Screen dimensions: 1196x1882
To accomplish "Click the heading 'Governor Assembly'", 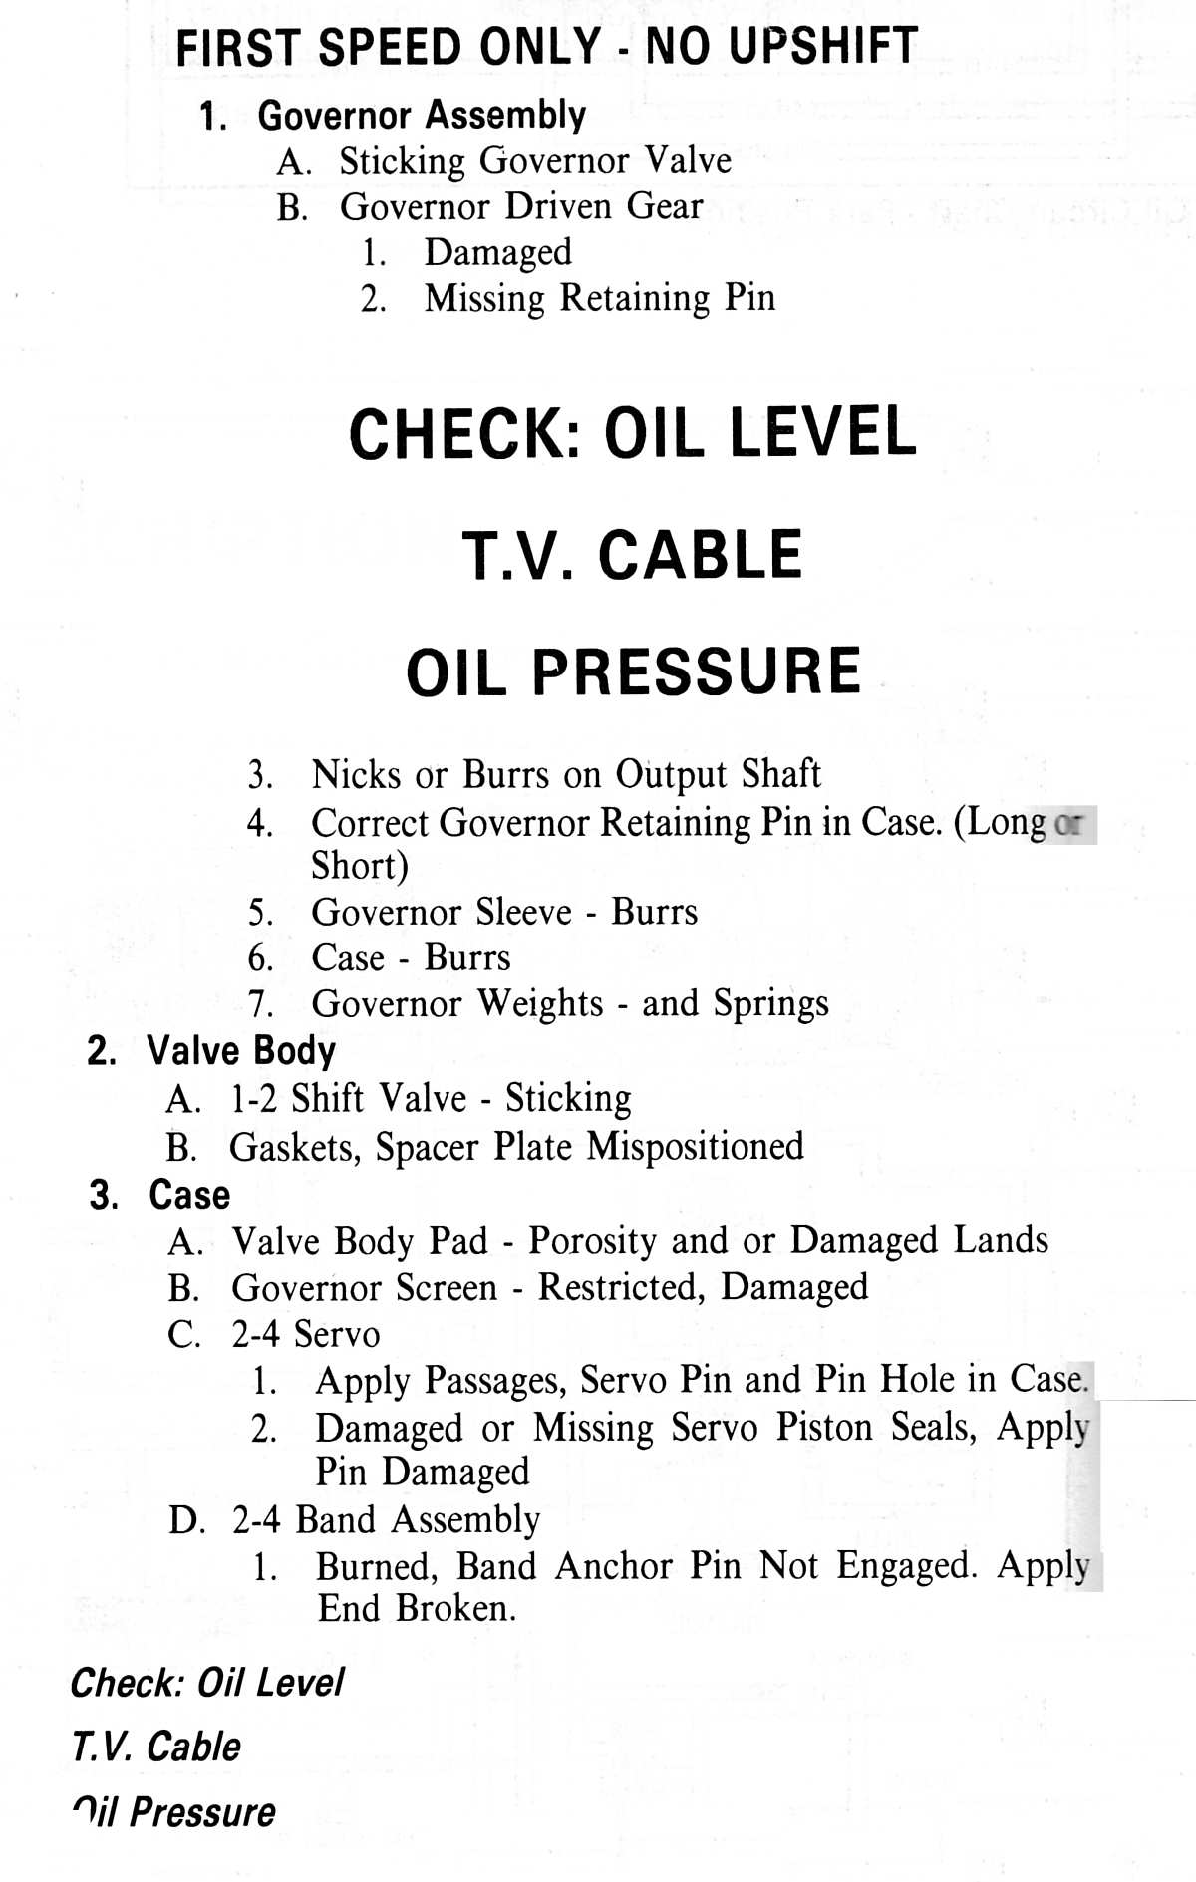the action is click(x=422, y=116).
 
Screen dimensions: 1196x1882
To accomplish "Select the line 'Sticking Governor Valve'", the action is click(x=535, y=161).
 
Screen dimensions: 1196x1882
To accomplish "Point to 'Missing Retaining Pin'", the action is click(x=600, y=298).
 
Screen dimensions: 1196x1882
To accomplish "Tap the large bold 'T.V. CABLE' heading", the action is click(x=633, y=555).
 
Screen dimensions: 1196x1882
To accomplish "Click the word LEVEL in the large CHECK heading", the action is click(x=822, y=432).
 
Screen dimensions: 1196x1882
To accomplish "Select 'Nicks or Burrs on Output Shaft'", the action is click(x=566, y=774).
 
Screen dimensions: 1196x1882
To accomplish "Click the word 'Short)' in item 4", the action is click(x=360, y=865).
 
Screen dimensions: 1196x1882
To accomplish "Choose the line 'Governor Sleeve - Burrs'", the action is click(x=504, y=912).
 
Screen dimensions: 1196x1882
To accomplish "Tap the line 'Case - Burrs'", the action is click(x=411, y=957).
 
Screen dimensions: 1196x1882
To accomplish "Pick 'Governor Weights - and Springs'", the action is click(x=570, y=1004).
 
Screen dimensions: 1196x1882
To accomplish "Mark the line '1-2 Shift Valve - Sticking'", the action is click(x=431, y=1098).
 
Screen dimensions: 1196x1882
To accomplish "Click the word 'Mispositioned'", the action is click(x=695, y=1147).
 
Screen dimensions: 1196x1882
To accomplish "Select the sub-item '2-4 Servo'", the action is click(x=306, y=1334).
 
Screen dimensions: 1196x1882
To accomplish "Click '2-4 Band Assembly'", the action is click(x=387, y=1520).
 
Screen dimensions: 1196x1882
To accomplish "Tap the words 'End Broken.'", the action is click(x=417, y=1608).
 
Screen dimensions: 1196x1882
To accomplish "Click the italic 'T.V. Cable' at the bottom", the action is click(x=156, y=1747).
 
